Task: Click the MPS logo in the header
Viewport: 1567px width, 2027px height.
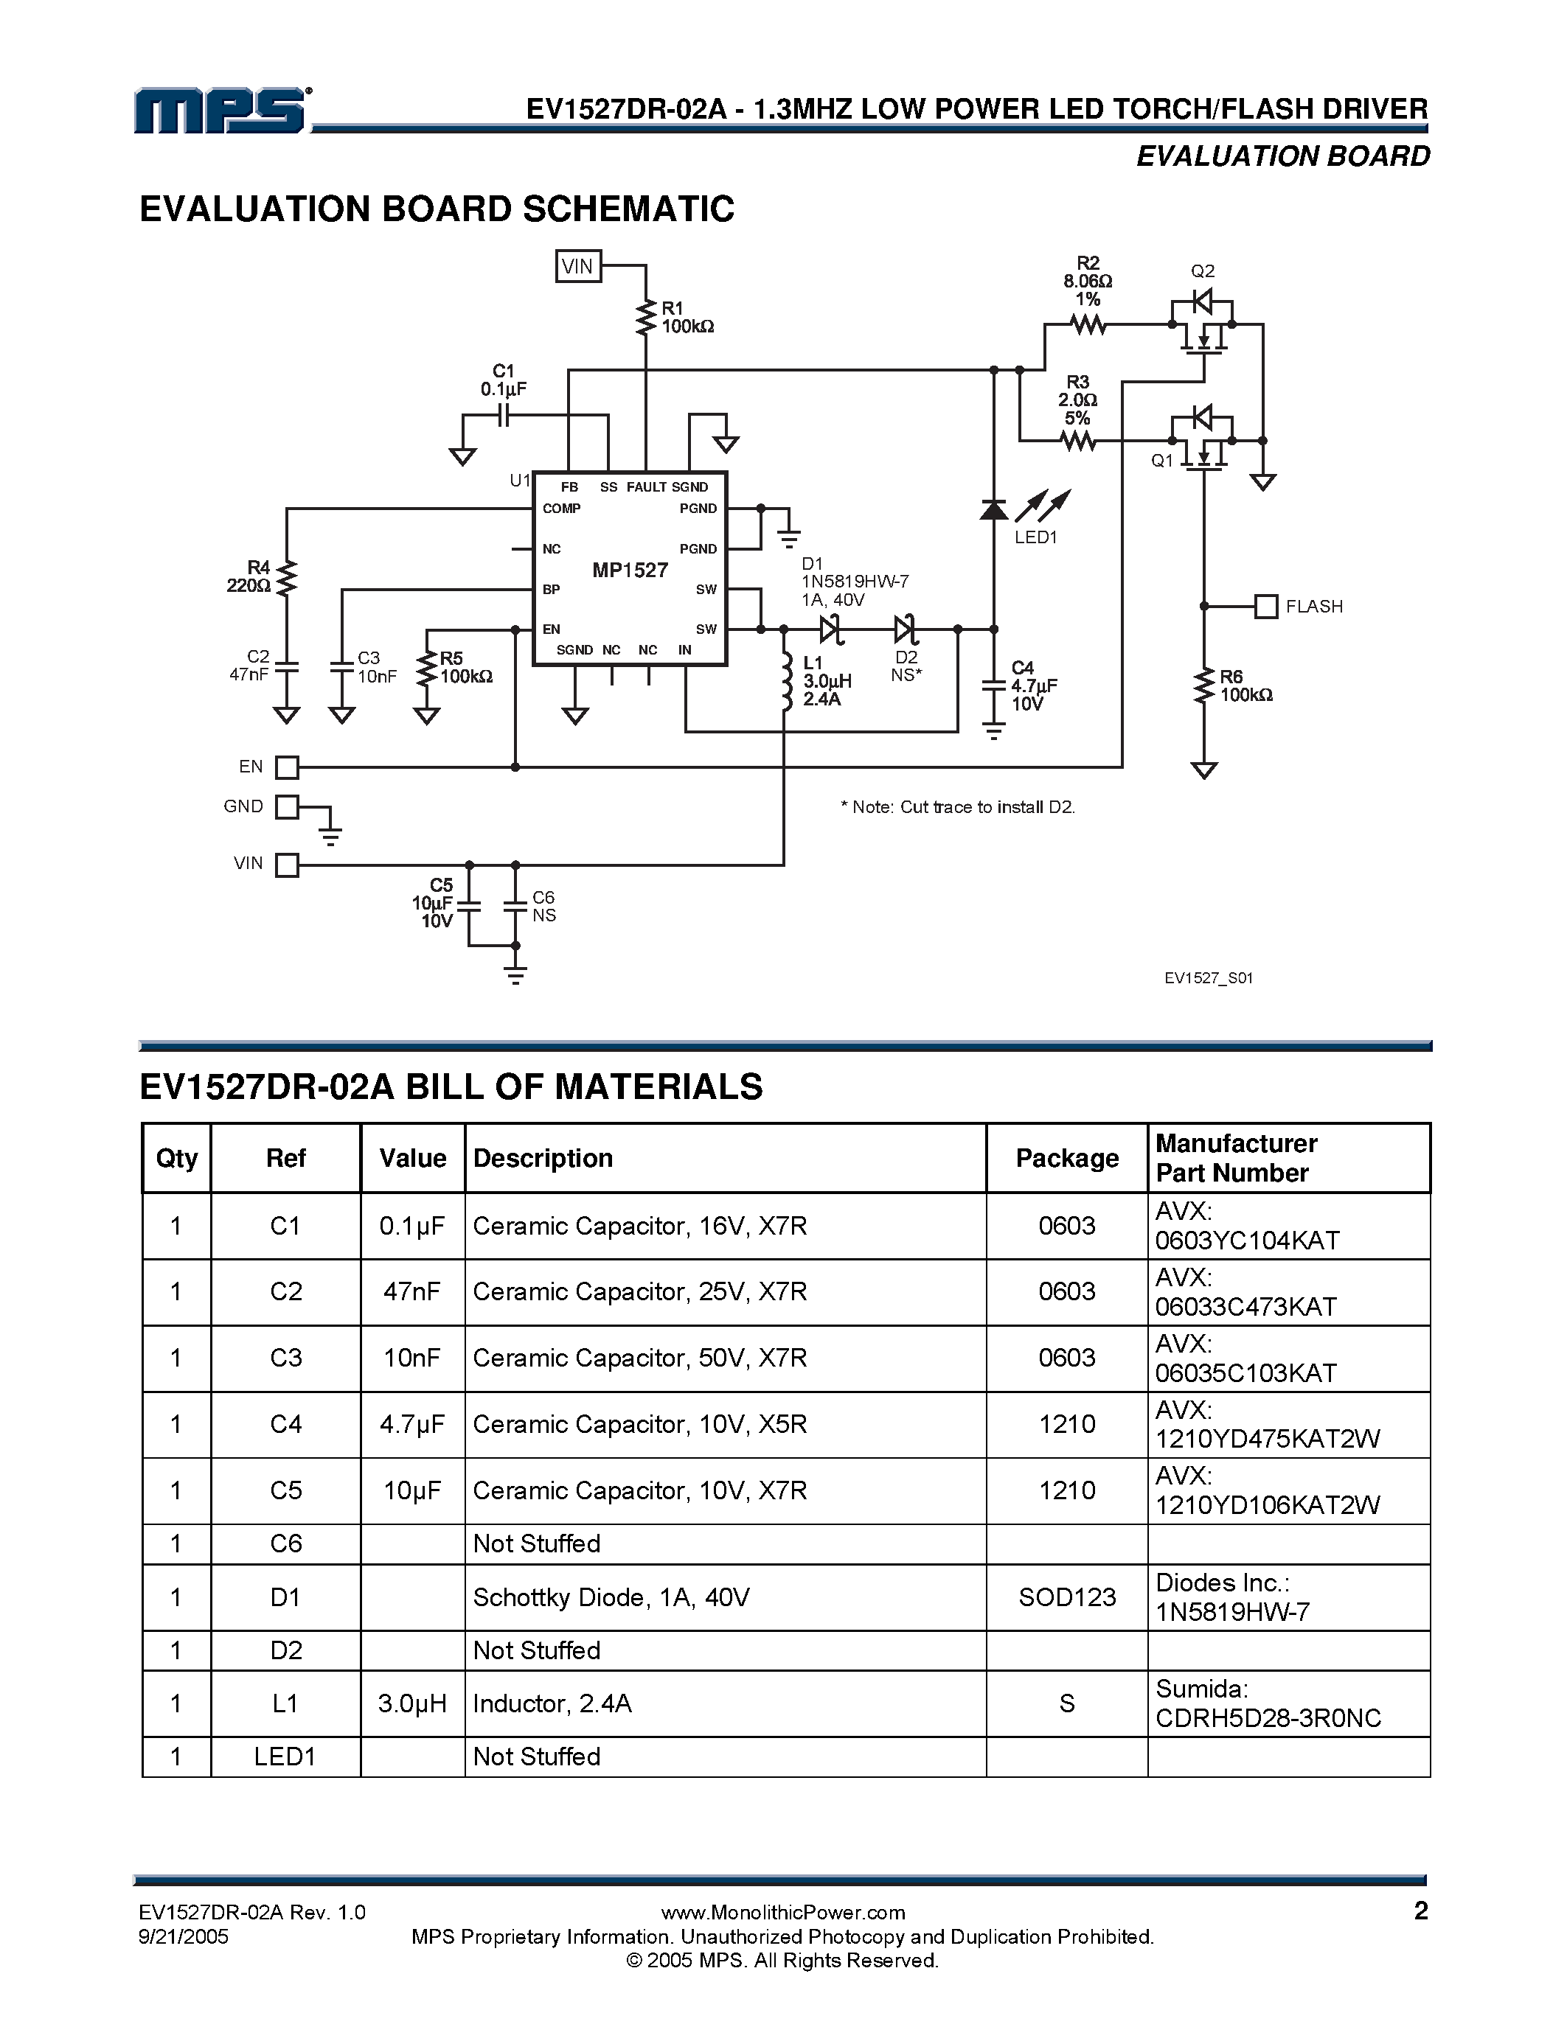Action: pos(223,111)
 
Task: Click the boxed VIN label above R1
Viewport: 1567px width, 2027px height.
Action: pos(577,266)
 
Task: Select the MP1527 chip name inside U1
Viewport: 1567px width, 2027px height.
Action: pos(630,570)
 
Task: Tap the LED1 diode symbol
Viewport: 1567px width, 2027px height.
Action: pos(993,509)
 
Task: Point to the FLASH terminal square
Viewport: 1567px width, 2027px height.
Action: pos(1265,606)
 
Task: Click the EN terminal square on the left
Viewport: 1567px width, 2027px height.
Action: pos(288,767)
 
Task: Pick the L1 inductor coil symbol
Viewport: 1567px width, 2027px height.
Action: pos(785,682)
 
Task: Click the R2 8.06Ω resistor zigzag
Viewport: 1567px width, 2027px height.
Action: pos(1088,325)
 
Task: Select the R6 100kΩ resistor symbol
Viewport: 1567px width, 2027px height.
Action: pos(1204,687)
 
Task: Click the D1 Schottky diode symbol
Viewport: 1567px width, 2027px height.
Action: pos(830,629)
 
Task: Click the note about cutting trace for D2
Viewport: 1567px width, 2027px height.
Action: pos(958,806)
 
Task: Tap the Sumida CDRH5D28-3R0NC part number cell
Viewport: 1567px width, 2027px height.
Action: pos(1268,1703)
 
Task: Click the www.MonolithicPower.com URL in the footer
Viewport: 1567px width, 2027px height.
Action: pos(782,1912)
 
